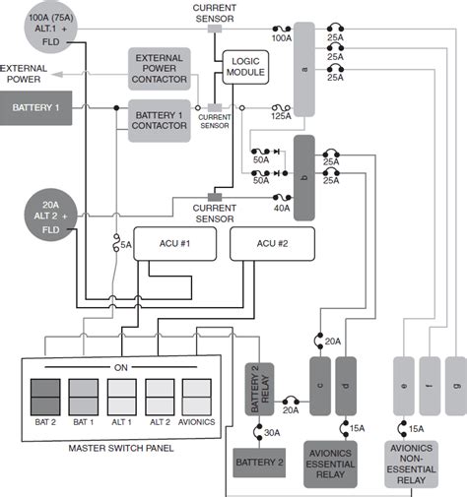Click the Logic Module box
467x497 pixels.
245,67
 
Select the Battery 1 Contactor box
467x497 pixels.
160,121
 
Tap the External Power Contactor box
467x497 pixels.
160,69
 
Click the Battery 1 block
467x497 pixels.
35,108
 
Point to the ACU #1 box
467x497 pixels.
175,244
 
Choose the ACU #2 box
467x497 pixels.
272,244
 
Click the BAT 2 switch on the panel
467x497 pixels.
45,397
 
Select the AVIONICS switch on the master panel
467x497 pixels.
197,397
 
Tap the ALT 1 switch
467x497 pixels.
121,397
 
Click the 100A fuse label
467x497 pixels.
282,38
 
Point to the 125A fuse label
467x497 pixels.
281,116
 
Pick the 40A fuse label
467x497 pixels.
282,208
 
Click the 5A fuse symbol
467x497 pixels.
116,243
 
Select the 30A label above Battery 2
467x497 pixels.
272,433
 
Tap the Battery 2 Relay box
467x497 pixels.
259,389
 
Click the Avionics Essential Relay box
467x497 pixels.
330,464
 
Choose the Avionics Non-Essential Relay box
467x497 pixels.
412,464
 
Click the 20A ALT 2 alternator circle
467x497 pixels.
51,215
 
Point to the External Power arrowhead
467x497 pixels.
57,75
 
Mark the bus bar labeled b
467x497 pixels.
304,178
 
